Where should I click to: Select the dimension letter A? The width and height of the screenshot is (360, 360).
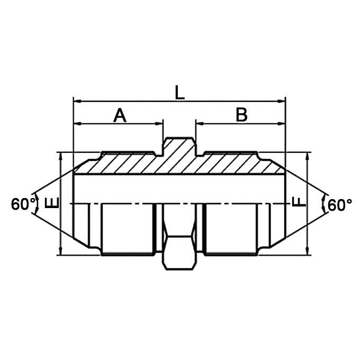pos(121,115)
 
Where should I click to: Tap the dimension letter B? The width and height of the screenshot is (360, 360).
pos(241,115)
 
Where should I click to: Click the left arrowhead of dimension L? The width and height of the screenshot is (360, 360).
pos(77,100)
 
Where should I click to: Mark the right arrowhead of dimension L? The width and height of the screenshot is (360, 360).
pos(282,100)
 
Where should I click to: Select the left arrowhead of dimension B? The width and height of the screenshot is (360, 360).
pos(200,124)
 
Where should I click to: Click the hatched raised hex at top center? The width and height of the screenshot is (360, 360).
pos(180,146)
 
